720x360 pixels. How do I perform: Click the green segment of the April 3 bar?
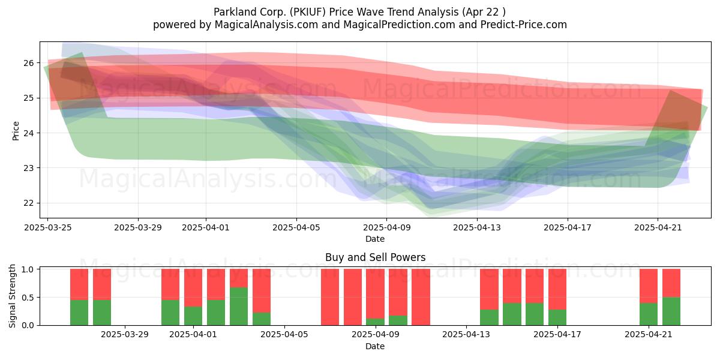click(x=239, y=307)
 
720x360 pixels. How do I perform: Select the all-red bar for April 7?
click(x=330, y=297)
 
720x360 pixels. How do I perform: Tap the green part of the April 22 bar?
click(x=671, y=311)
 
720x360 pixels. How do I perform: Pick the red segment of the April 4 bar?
click(x=262, y=290)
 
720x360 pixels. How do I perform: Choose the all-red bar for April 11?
click(x=421, y=297)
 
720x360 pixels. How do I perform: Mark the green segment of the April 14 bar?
click(x=489, y=317)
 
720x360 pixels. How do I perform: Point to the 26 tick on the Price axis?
click(x=29, y=63)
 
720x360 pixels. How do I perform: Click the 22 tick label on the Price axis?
click(x=29, y=203)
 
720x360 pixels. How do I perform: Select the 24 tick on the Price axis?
click(x=29, y=133)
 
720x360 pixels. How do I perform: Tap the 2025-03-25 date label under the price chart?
click(x=48, y=227)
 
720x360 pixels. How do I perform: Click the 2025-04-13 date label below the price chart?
click(x=477, y=227)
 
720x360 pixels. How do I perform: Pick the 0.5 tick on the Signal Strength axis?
click(x=28, y=298)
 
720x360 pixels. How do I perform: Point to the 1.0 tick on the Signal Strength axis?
click(x=28, y=269)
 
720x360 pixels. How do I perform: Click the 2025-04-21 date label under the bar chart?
click(x=649, y=335)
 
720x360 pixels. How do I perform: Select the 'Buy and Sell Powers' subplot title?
click(x=375, y=257)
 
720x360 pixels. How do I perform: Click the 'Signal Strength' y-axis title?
click(x=12, y=296)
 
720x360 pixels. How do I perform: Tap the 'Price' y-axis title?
click(x=16, y=131)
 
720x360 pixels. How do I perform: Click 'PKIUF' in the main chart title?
click(x=308, y=12)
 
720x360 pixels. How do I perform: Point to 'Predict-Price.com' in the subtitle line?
click(x=524, y=25)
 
